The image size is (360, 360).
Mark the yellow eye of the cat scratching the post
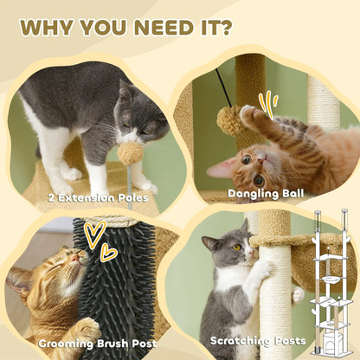pos(236,247)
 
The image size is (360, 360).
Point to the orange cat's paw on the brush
pos(87,328)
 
